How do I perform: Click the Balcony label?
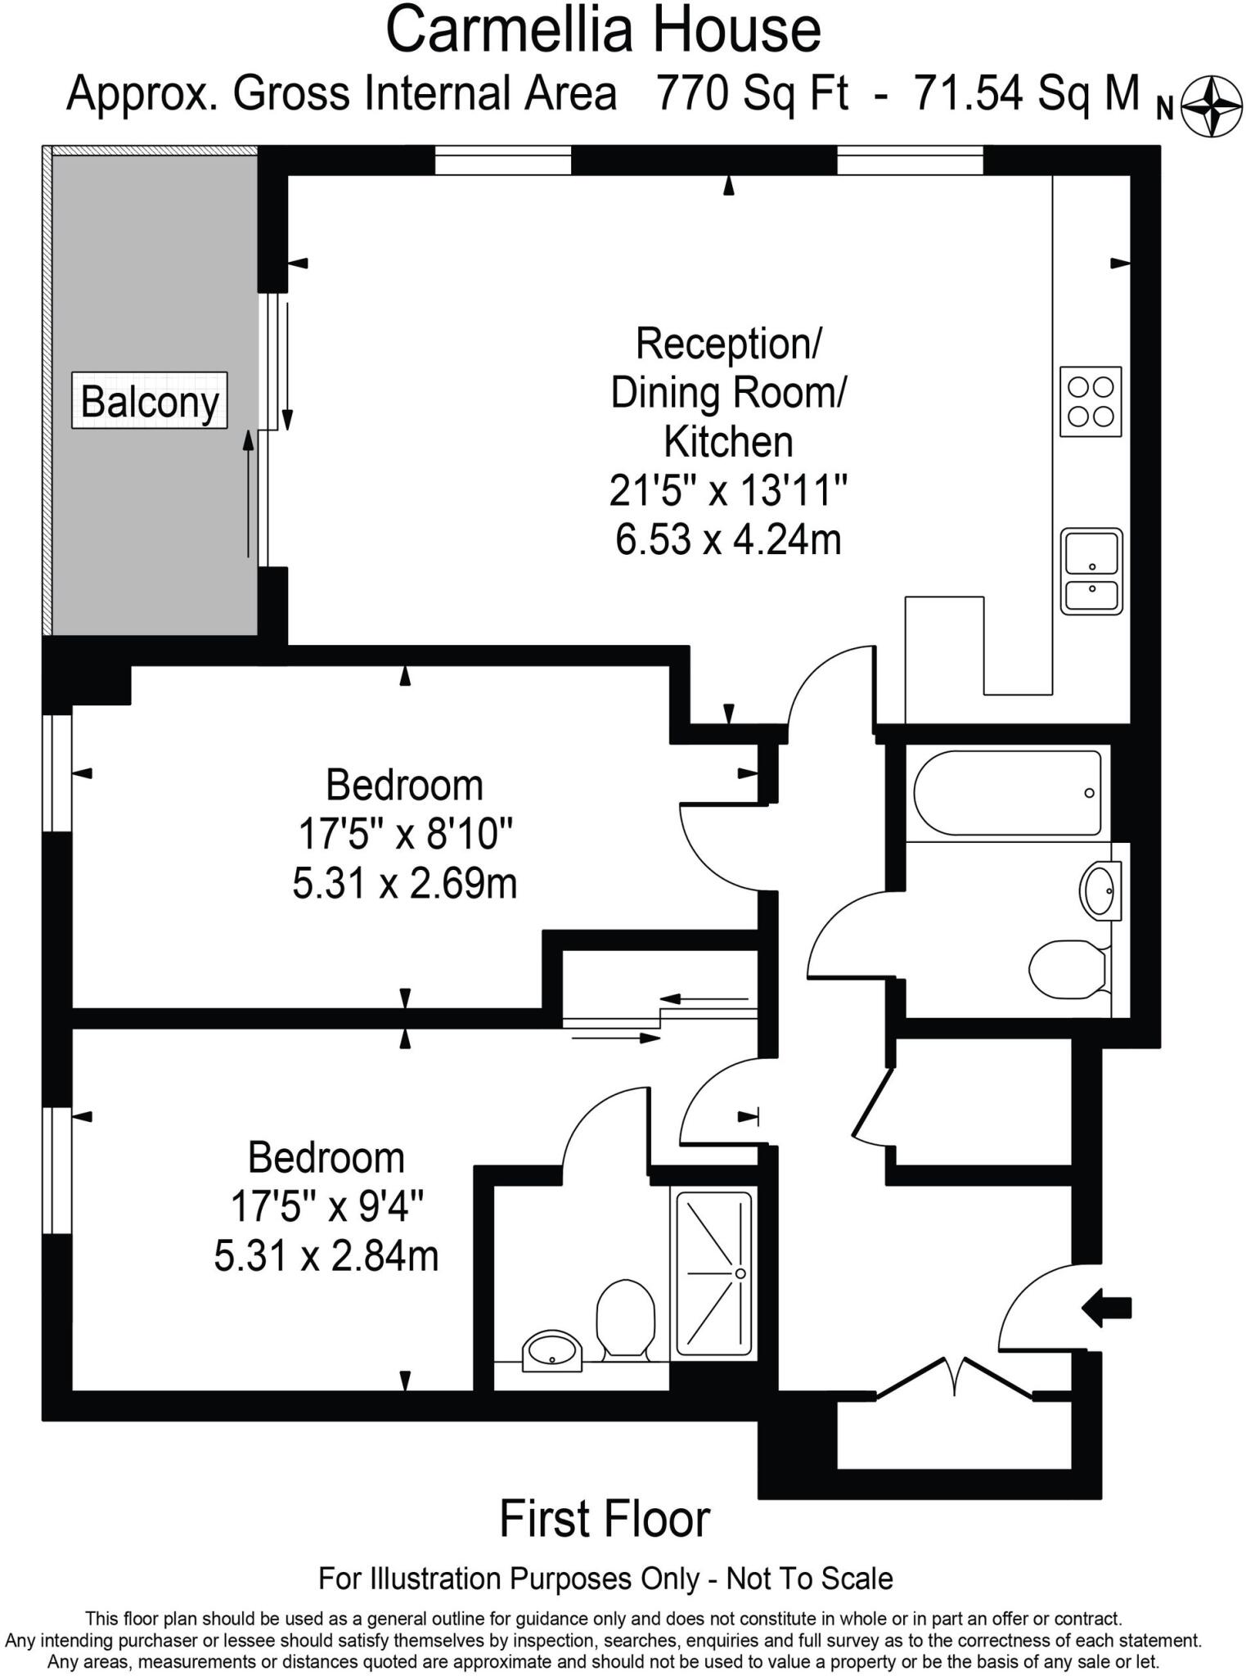coord(150,401)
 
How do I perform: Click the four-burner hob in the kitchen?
coord(1091,401)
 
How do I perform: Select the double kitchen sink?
coord(1091,571)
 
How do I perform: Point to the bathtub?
coord(1007,792)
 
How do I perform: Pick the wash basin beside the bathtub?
coord(1099,890)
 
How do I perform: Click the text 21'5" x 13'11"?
coord(728,491)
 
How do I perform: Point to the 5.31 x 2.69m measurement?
coord(405,884)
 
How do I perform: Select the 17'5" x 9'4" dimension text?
coord(326,1206)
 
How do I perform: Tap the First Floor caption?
coord(605,1520)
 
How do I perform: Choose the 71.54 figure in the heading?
coord(968,92)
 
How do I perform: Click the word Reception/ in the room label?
coord(728,343)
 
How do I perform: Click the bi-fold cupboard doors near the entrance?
coord(954,1379)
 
